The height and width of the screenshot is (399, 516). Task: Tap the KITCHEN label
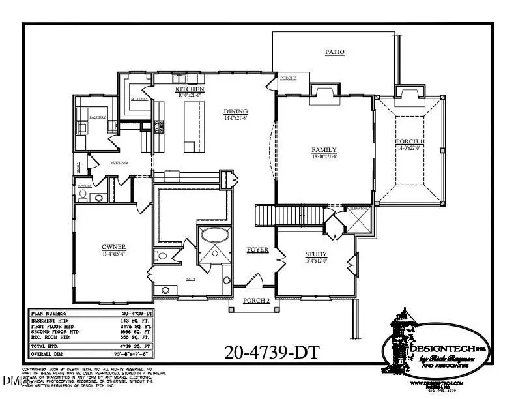(x=190, y=89)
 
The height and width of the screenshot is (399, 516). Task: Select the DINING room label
(x=235, y=111)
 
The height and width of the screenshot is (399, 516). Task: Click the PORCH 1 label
(x=410, y=142)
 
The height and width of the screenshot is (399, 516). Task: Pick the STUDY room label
(x=316, y=254)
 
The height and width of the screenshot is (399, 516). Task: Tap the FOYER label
(x=257, y=250)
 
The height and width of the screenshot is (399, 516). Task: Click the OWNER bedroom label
(x=113, y=247)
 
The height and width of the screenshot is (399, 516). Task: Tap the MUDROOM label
(x=118, y=162)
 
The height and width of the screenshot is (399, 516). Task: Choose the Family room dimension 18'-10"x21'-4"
(x=323, y=157)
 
